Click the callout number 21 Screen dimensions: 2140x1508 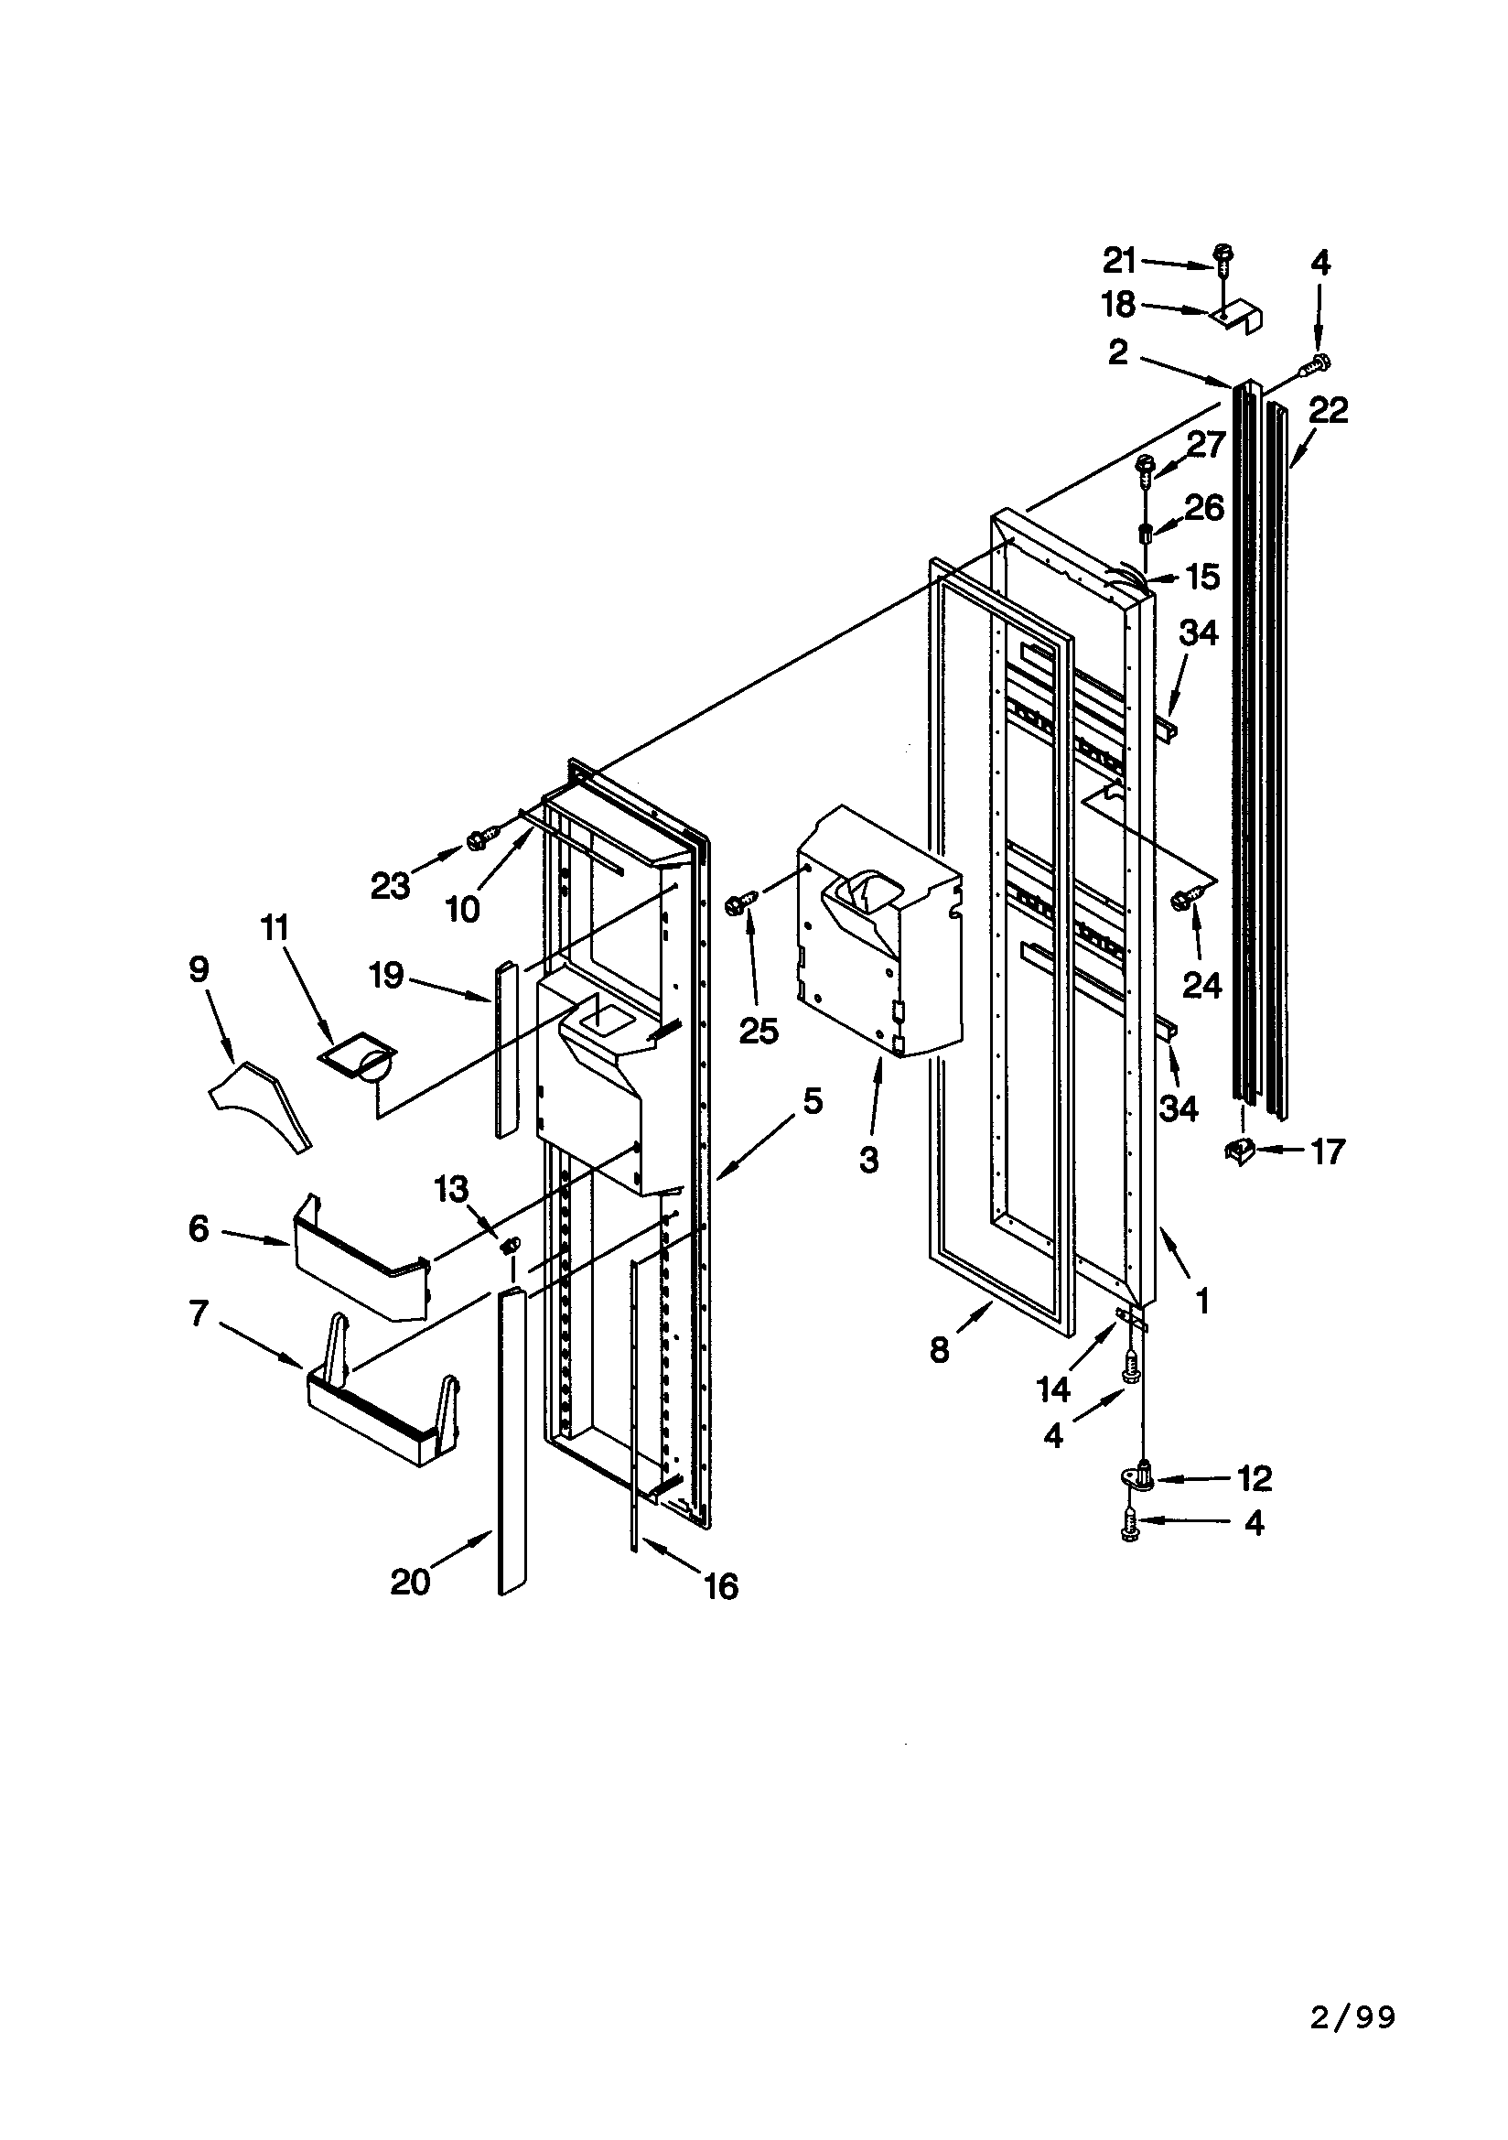pyautogui.click(x=1119, y=262)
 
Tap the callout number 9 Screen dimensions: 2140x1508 pyautogui.click(x=199, y=969)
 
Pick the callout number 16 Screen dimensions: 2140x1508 pyautogui.click(x=720, y=1585)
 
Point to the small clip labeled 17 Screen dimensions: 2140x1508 pyautogui.click(x=1239, y=1152)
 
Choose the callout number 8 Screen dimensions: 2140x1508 pyautogui.click(x=940, y=1349)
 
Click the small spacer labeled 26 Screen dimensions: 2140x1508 pyautogui.click(x=1147, y=533)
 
